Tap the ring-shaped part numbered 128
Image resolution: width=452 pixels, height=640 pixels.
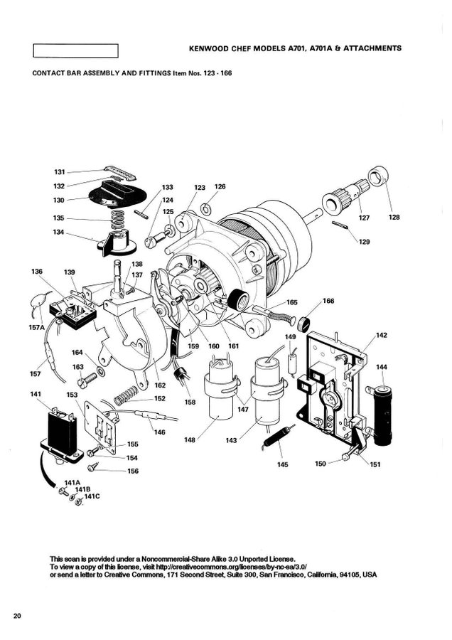coord(378,175)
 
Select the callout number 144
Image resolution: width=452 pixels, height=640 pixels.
coord(382,368)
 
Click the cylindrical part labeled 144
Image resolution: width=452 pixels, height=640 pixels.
coord(383,413)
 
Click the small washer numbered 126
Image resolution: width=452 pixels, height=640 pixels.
coord(205,208)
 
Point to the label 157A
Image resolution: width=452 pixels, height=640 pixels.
coord(36,327)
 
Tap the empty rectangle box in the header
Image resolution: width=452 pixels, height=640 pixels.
coord(75,50)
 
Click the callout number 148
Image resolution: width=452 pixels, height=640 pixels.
coord(190,440)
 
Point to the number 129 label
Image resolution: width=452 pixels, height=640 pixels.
coord(365,242)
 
